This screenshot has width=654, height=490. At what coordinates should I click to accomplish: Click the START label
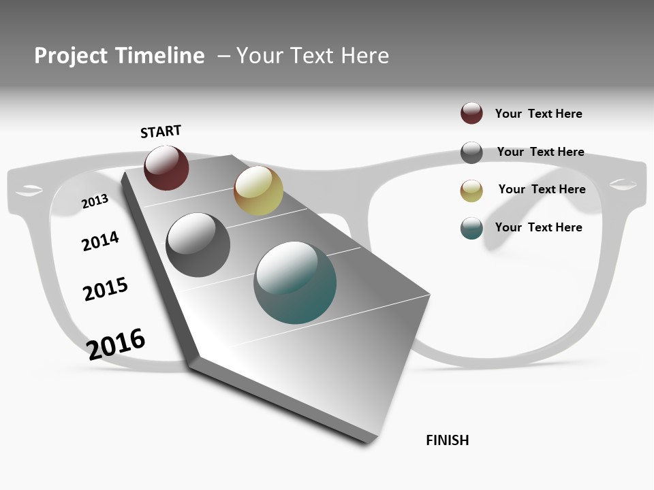[161, 131]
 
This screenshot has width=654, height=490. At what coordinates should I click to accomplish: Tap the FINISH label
[448, 440]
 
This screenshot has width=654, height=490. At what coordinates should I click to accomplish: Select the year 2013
[95, 201]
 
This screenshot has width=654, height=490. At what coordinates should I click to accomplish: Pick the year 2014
[100, 241]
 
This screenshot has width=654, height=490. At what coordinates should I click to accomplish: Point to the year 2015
[106, 289]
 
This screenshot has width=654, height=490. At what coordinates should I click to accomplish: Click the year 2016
[116, 344]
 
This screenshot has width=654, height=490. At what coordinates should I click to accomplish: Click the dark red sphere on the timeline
[166, 167]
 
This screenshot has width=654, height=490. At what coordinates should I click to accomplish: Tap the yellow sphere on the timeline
[258, 191]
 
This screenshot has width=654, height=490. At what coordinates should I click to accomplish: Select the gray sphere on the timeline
[198, 245]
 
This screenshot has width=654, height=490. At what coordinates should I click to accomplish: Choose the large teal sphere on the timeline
[295, 282]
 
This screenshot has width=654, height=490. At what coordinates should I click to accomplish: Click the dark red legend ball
[471, 113]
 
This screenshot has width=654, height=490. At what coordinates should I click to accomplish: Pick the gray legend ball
[471, 152]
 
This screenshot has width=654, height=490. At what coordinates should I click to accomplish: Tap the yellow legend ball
[471, 191]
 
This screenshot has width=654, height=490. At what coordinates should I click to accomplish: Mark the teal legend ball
[471, 228]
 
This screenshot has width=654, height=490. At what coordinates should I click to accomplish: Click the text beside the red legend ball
[538, 114]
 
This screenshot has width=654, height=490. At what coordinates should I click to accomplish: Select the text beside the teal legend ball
[538, 227]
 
